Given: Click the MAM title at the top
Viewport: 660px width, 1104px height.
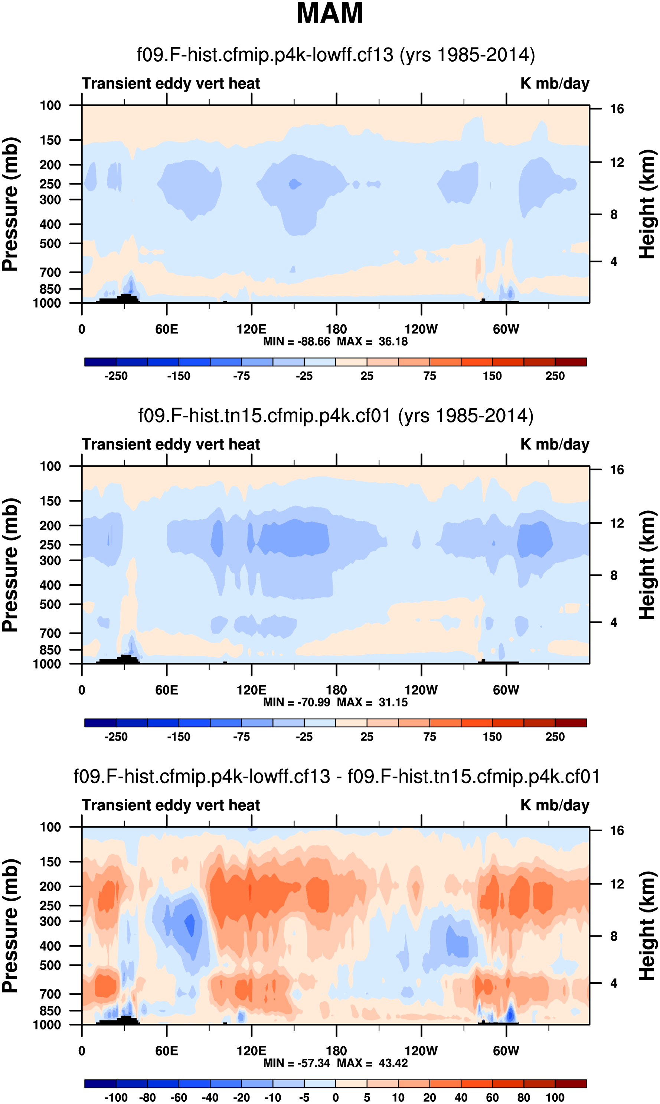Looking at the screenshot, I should [x=330, y=13].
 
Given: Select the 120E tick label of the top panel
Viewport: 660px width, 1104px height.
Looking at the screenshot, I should [x=251, y=330].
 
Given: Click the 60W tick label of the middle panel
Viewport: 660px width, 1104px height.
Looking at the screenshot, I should [x=506, y=690].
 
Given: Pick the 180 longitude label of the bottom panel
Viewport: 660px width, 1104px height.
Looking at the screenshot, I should [x=336, y=1051].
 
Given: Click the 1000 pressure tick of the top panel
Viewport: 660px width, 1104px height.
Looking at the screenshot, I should [x=47, y=303].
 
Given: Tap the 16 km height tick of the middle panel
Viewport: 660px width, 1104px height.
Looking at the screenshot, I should [x=617, y=470].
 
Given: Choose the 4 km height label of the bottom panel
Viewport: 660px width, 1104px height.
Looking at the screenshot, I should [x=614, y=983].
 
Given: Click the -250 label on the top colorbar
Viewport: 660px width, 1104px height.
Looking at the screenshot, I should [x=116, y=376].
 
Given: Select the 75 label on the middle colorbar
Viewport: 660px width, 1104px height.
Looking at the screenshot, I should [x=429, y=737].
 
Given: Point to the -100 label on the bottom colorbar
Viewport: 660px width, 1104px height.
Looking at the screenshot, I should [x=116, y=1097].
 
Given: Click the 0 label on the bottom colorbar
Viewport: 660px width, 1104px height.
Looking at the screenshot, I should [x=336, y=1097].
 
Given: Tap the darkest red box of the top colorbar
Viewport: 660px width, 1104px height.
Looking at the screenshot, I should [x=571, y=362].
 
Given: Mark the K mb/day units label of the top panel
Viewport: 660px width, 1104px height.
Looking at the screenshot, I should [x=555, y=84].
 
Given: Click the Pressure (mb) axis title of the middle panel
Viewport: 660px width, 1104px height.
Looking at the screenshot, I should [x=10, y=565].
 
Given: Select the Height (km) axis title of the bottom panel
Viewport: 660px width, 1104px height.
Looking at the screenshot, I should [x=647, y=925].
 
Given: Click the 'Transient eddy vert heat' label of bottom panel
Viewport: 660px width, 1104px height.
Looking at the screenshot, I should [x=171, y=805].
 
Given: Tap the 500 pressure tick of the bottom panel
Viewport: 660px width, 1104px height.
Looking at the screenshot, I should [x=50, y=965].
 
